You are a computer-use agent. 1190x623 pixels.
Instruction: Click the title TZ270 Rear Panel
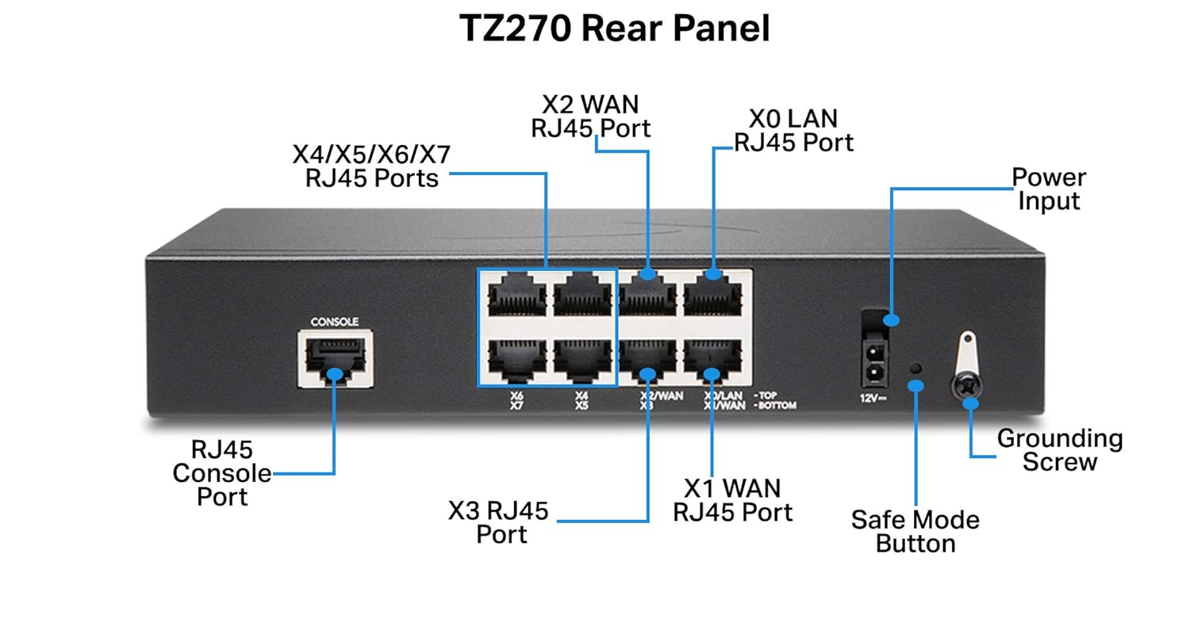615,29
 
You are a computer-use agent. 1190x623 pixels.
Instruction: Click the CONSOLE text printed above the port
334,322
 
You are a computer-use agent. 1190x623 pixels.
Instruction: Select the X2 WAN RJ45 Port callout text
591,116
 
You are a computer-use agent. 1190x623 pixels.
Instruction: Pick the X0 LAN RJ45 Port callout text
793,131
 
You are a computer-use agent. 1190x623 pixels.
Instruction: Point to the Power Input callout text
1049,189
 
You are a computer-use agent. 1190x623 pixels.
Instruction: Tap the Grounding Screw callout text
1059,449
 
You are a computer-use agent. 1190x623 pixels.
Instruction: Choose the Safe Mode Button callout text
916,531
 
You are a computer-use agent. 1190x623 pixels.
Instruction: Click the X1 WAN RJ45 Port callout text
732,499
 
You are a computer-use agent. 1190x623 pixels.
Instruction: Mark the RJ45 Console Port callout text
222,473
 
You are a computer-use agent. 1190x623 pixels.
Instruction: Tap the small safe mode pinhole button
916,369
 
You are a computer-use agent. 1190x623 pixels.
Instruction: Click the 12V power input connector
874,361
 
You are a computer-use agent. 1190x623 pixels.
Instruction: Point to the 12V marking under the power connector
873,399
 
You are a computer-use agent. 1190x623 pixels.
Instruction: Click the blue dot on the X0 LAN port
712,274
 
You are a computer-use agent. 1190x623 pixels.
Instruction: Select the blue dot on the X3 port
648,373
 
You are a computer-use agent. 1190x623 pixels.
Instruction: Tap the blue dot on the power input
892,320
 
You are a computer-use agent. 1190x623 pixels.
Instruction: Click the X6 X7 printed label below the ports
516,399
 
